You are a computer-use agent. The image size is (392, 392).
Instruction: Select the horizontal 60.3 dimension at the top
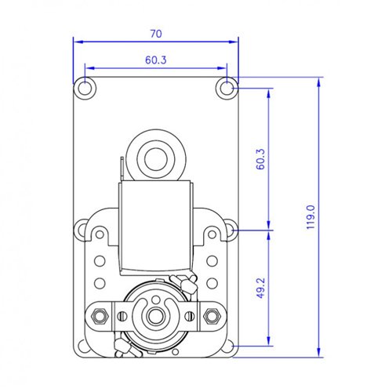(x=155, y=59)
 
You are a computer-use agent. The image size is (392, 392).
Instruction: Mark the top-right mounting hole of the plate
(x=227, y=86)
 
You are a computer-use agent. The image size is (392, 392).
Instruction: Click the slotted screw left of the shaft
(x=123, y=317)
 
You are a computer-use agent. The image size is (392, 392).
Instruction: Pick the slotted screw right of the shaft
(x=189, y=317)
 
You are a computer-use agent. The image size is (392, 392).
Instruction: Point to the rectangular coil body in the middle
(x=156, y=227)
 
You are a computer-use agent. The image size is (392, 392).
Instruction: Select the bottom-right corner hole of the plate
(x=227, y=346)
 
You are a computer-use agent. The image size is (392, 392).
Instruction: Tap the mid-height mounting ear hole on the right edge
(x=233, y=231)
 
